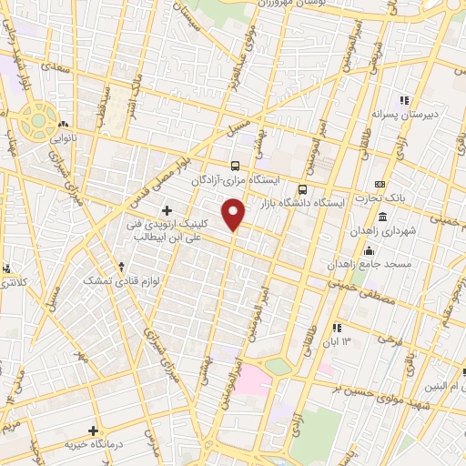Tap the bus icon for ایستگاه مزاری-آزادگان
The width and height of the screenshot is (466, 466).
237,166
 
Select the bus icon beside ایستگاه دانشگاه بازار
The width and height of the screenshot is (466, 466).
302,189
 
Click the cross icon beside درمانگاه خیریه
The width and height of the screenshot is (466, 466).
93,430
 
